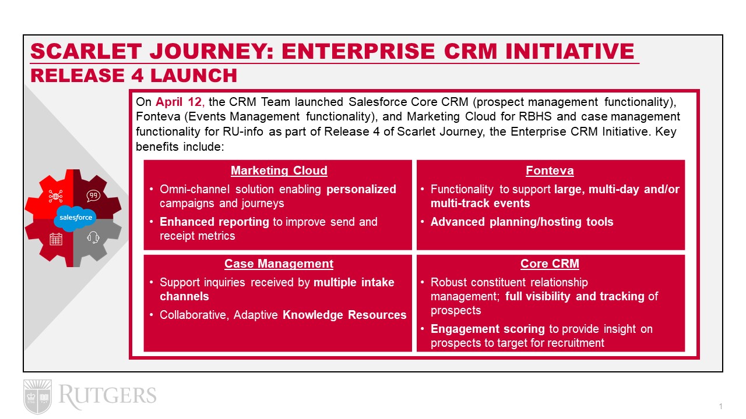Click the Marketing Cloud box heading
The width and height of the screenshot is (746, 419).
[279, 171]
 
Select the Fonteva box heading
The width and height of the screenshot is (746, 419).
[550, 171]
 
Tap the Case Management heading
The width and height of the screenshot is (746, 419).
[279, 264]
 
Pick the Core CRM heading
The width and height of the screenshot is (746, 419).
[550, 264]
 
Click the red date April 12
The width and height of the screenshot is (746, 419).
[178, 102]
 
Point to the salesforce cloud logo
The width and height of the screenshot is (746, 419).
[75, 218]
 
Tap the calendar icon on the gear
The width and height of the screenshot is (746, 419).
[55, 239]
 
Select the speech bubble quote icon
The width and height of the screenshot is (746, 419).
[93, 196]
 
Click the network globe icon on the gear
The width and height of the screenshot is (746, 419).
[55, 196]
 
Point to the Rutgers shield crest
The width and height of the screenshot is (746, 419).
[38, 396]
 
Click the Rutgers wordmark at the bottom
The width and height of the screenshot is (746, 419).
[107, 396]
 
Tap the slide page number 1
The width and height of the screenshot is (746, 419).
[720, 406]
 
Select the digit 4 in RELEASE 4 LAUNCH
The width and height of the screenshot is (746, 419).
[137, 76]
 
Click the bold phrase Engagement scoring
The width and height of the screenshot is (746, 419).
[488, 329]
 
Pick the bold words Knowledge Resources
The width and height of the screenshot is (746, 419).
[344, 315]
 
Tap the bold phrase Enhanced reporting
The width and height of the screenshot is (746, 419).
[214, 222]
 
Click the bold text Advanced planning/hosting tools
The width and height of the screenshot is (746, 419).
[522, 222]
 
